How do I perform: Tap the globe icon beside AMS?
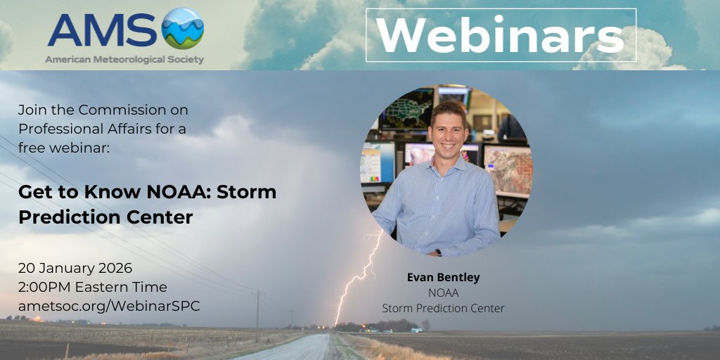182,28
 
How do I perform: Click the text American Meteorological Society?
124,60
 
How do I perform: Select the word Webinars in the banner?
501,35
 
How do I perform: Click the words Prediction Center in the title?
105,217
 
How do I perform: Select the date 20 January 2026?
75,268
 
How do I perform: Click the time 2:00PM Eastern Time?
93,287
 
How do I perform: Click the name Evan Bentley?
443,278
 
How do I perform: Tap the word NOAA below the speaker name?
443,292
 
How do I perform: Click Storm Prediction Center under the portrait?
443,308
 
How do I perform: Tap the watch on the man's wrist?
437,252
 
